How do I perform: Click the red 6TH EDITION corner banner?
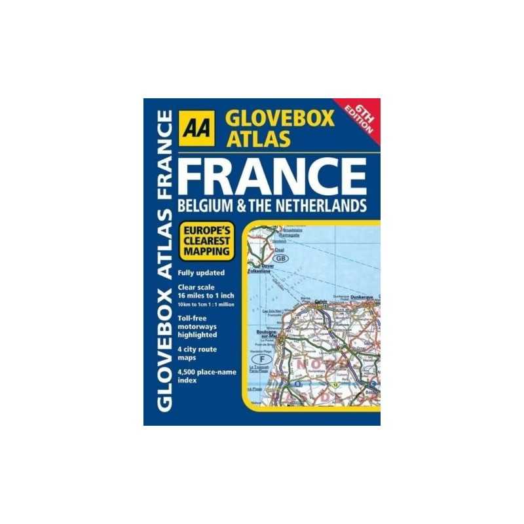(x=361, y=118)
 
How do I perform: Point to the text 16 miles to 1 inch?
(x=204, y=295)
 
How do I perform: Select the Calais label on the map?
(x=320, y=302)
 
